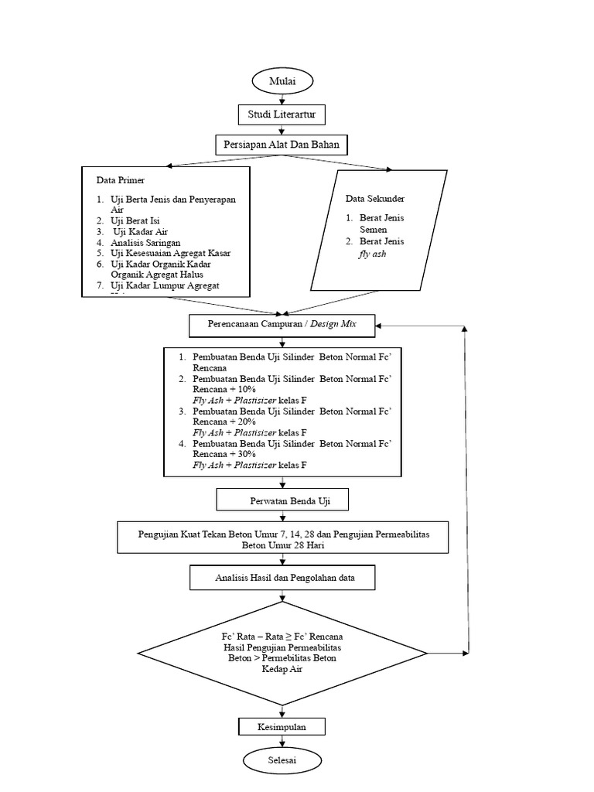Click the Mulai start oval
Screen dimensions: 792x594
pyautogui.click(x=282, y=80)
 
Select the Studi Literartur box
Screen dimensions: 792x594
pyautogui.click(x=282, y=115)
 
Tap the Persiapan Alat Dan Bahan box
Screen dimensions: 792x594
pyautogui.click(x=282, y=144)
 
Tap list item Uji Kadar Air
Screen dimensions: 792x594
pyautogui.click(x=141, y=231)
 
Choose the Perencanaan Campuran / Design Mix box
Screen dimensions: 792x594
pyautogui.click(x=282, y=326)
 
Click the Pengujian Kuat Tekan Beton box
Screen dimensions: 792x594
pyautogui.click(x=282, y=538)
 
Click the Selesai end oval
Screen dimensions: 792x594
pyautogui.click(x=282, y=760)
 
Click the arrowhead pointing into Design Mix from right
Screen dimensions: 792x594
pyautogui.click(x=381, y=326)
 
